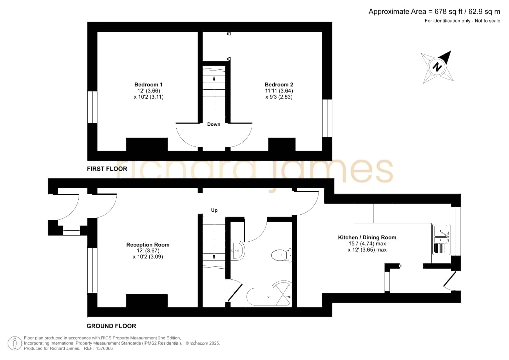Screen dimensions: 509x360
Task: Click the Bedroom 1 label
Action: [148, 85]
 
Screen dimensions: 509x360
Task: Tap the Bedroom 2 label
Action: [279, 85]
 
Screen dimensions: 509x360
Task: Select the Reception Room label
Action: [148, 245]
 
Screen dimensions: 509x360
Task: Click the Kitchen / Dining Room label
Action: [367, 238]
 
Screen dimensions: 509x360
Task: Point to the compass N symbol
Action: [437, 67]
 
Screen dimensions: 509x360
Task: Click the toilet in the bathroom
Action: [282, 255]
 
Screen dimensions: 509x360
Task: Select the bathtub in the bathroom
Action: [268, 293]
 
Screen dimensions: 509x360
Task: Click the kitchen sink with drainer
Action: [441, 239]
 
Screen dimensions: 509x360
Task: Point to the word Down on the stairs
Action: [214, 124]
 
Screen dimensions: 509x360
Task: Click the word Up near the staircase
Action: [214, 210]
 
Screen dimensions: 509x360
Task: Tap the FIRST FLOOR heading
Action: [107, 169]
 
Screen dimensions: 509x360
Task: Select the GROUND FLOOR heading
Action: [111, 326]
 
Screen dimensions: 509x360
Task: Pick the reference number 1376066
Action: [104, 348]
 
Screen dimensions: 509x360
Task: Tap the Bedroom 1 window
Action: [92, 107]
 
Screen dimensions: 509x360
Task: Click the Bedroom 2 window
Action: [327, 118]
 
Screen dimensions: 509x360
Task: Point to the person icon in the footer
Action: [15, 343]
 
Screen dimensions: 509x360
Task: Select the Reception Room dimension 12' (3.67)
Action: [148, 251]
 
